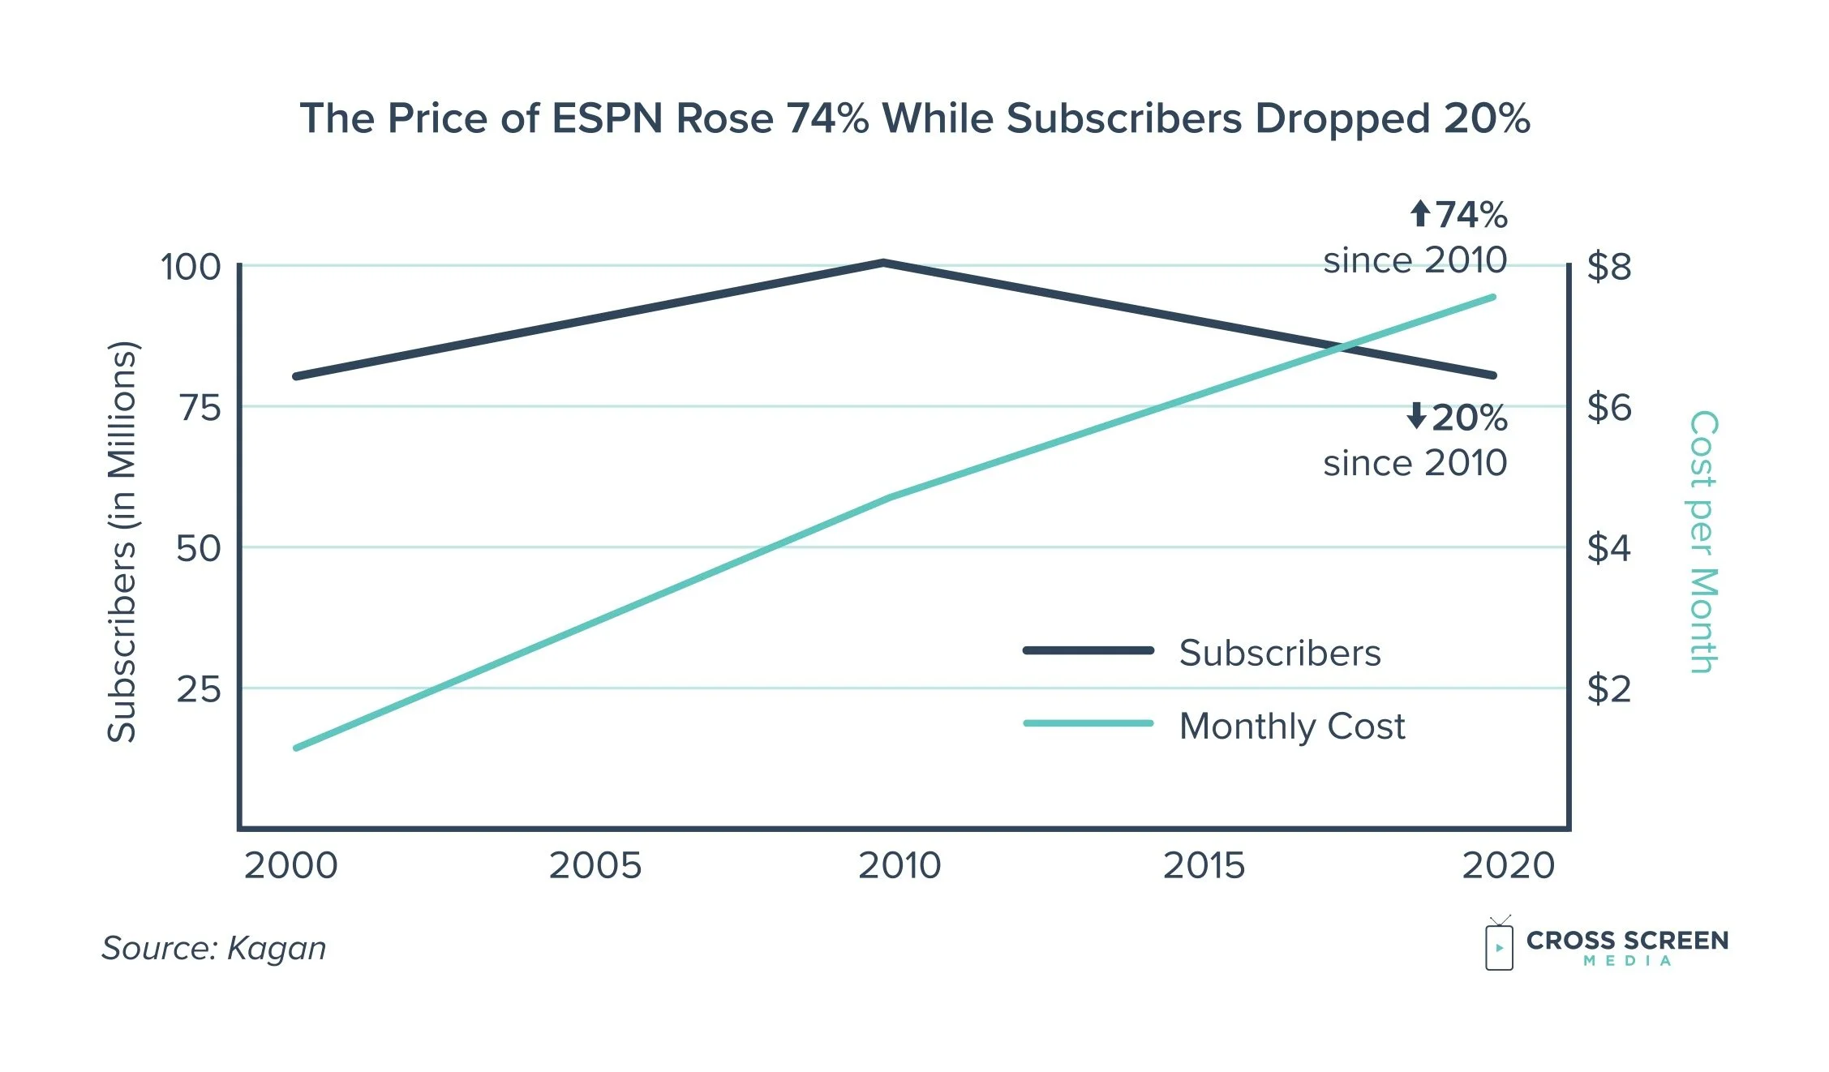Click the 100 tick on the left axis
191,267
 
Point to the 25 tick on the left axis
199,689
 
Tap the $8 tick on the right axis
1609,267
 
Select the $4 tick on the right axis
1609,548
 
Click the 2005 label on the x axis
595,866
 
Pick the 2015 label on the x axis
1204,866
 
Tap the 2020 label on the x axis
1509,866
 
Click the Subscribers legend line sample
1088,650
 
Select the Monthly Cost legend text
1292,726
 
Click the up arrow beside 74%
1419,214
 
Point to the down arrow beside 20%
1416,416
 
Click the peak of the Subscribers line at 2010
883,263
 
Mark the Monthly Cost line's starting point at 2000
297,747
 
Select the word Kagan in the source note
277,948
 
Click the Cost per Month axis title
1702,542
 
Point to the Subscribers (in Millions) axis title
122,542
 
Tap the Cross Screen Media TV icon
1499,945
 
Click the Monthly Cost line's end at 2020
1492,298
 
